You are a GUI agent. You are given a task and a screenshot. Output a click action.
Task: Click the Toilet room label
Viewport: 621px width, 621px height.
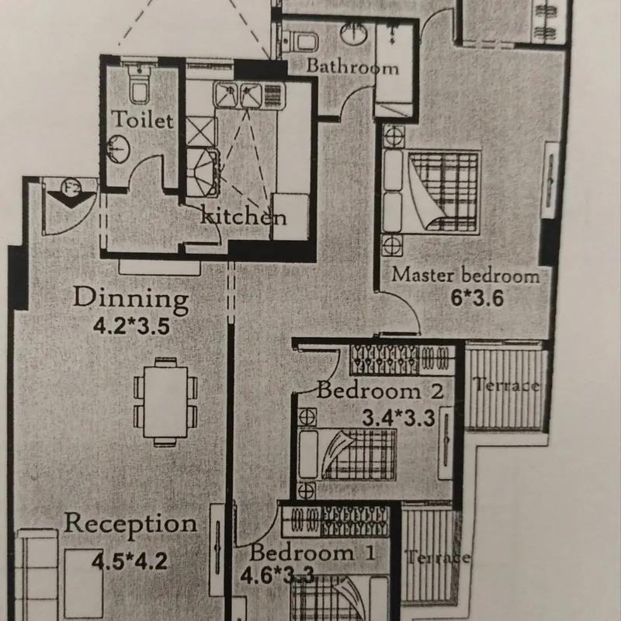tap(142, 120)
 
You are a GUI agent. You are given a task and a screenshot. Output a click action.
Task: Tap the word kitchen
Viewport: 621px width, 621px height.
tap(243, 216)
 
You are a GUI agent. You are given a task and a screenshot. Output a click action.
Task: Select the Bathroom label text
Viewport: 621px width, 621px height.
tap(352, 67)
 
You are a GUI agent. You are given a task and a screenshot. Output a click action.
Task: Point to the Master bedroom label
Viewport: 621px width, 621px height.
tap(465, 276)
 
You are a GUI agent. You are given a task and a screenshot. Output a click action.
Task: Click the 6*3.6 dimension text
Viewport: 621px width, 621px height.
tap(477, 298)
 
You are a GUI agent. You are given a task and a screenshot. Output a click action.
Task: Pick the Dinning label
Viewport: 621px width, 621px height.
tap(130, 299)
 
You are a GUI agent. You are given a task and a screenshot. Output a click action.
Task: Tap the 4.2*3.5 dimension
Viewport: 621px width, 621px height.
tap(131, 327)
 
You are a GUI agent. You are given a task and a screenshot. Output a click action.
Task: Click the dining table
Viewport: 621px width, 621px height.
tap(165, 402)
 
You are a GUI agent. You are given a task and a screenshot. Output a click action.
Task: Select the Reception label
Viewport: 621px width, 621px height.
tap(130, 523)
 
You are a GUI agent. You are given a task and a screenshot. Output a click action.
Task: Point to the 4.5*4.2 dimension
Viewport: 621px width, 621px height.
tap(130, 561)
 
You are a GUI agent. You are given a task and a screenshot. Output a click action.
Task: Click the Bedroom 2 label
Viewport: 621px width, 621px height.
tap(380, 391)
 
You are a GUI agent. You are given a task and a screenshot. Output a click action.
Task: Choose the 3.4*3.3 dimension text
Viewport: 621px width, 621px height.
tap(398, 418)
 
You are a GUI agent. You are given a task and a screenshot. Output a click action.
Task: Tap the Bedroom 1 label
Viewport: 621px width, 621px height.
tap(312, 553)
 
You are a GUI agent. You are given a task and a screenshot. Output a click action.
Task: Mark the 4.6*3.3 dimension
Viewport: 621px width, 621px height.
tap(277, 575)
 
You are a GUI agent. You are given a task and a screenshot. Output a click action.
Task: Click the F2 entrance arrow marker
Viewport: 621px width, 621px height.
tap(71, 194)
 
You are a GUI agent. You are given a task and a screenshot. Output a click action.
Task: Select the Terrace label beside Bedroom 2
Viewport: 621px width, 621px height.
tap(506, 385)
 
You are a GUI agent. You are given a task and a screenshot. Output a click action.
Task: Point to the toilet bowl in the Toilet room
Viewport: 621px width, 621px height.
tap(140, 85)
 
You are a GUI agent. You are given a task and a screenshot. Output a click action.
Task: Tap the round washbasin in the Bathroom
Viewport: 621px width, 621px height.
tap(354, 33)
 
